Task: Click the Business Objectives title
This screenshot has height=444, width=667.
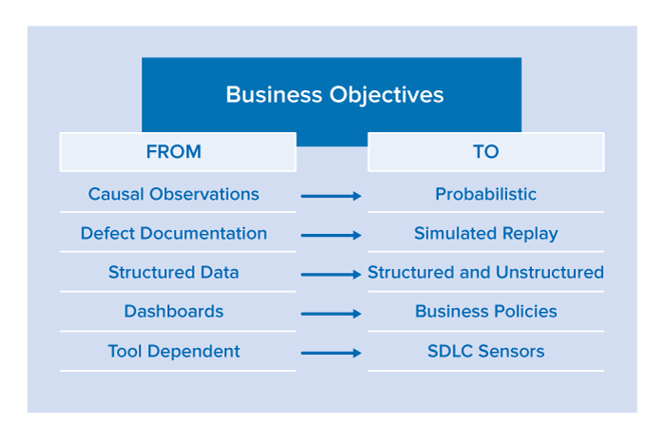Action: pyautogui.click(x=334, y=95)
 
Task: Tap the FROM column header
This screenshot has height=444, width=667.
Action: pyautogui.click(x=174, y=151)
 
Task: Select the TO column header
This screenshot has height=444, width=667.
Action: pyautogui.click(x=486, y=151)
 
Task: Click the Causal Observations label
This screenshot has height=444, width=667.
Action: pyautogui.click(x=174, y=194)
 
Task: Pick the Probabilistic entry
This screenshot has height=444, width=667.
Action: pyautogui.click(x=486, y=194)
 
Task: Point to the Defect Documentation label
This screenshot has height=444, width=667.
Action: pyautogui.click(x=174, y=233)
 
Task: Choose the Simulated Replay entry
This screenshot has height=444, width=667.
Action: pyautogui.click(x=486, y=234)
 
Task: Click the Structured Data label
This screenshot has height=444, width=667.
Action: pyautogui.click(x=174, y=273)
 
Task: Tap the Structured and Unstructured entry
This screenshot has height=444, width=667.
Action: pyautogui.click(x=486, y=273)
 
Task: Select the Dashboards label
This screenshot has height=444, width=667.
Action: pyautogui.click(x=174, y=312)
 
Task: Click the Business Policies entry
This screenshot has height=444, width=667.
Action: pyautogui.click(x=486, y=312)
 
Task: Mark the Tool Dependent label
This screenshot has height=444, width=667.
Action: pyautogui.click(x=174, y=352)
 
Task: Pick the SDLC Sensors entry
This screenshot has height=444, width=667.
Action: pyautogui.click(x=486, y=351)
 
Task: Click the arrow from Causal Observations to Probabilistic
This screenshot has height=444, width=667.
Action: pyautogui.click(x=331, y=196)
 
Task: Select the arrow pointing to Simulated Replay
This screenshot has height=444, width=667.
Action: pyautogui.click(x=331, y=235)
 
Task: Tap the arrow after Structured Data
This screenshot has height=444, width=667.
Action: pyautogui.click(x=331, y=275)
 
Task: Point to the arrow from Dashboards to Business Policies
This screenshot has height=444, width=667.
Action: pyautogui.click(x=331, y=314)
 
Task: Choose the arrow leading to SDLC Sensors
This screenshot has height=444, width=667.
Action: pyautogui.click(x=331, y=353)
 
